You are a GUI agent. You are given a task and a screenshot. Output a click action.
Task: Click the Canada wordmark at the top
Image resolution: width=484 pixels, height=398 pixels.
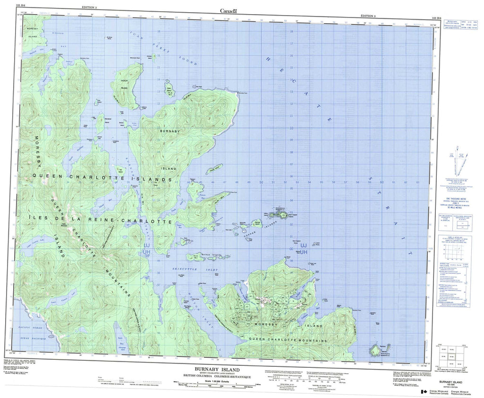(x=229, y=10)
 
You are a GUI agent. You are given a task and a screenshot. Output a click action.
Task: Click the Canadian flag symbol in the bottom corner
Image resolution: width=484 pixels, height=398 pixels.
(x=422, y=392)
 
